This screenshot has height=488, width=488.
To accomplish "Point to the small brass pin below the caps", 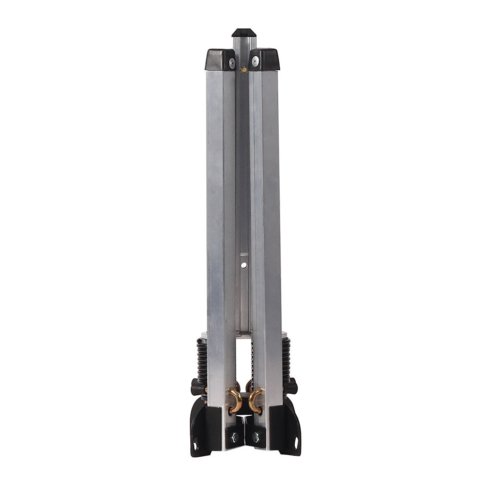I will pos(243,70).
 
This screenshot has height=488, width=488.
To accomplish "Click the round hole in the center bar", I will pos(244,264).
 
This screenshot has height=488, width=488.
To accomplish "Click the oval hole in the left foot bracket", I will pos(196,445).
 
